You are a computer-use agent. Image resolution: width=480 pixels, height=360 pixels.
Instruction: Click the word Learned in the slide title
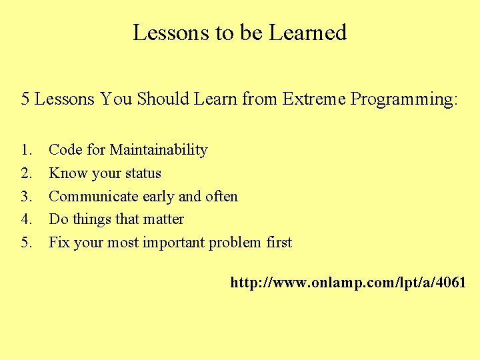point(308,33)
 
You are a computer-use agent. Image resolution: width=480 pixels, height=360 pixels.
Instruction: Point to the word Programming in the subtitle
point(404,100)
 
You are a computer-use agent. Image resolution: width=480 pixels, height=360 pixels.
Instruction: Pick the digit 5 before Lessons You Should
point(25,99)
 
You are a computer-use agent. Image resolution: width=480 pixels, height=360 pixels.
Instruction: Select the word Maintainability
point(159,150)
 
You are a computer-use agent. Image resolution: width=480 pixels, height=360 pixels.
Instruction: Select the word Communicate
point(91,196)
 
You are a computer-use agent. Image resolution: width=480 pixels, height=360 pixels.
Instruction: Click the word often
point(221,196)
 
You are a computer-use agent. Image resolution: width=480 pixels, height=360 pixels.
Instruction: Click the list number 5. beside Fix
point(27,242)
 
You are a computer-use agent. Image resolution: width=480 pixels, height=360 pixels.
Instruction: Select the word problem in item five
point(235,243)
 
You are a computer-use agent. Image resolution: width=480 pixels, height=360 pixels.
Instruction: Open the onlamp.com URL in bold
point(348,283)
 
